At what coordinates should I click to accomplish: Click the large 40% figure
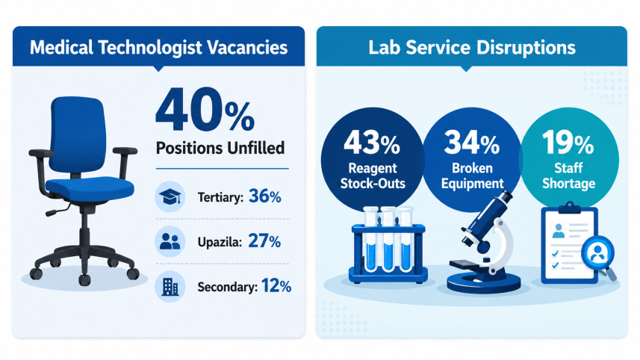coord(205,110)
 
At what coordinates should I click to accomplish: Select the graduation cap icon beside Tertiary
coord(170,196)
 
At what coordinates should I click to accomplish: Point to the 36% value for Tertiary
coord(265,196)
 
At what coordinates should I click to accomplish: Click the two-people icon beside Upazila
coord(170,241)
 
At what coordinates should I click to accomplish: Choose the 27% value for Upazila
coord(264,241)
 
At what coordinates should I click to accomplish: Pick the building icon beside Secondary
coord(170,287)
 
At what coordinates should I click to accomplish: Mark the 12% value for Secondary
coord(276,286)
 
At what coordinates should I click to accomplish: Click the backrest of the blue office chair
coord(78,134)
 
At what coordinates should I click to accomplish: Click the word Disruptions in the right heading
coord(526,48)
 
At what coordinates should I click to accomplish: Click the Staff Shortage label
coord(568,176)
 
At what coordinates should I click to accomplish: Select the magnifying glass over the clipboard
coord(600,255)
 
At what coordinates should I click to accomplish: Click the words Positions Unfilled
coord(220,148)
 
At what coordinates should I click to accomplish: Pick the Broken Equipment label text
coord(472,176)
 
